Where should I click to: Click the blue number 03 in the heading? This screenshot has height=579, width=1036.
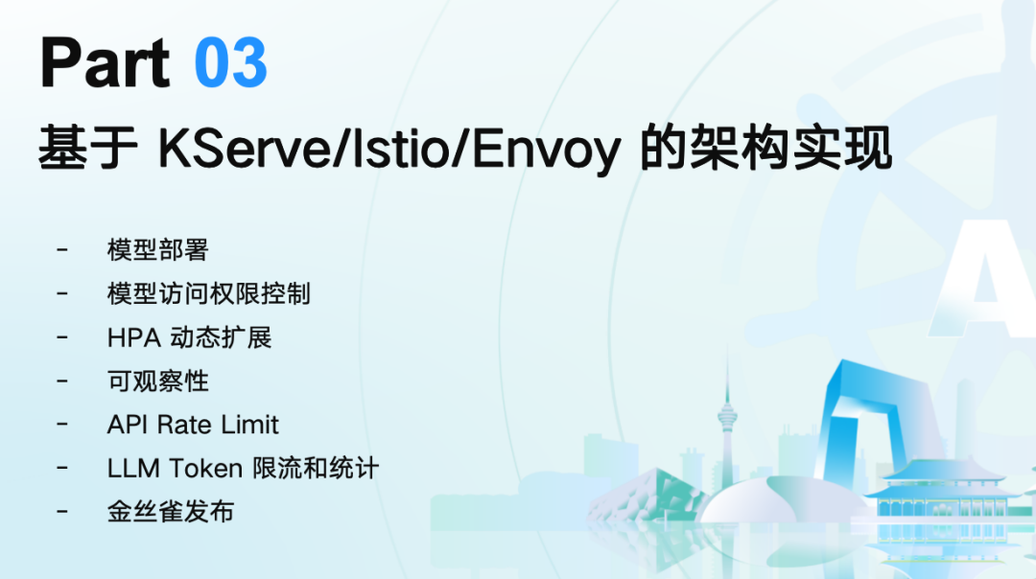pos(230,62)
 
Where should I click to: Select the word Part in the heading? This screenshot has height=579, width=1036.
pos(106,62)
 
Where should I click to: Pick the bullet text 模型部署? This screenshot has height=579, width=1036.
pos(158,250)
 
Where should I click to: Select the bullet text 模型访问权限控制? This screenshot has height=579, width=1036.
pos(209,293)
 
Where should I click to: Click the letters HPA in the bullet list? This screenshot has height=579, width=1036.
pos(133,338)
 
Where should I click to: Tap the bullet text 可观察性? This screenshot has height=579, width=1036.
pos(158,381)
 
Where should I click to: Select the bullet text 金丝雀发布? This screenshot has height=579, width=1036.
pos(171,512)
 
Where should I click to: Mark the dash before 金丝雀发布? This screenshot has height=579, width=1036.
pos(62,511)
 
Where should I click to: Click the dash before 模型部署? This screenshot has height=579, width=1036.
pos(62,249)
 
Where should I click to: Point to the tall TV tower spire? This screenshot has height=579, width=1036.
pos(727,416)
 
